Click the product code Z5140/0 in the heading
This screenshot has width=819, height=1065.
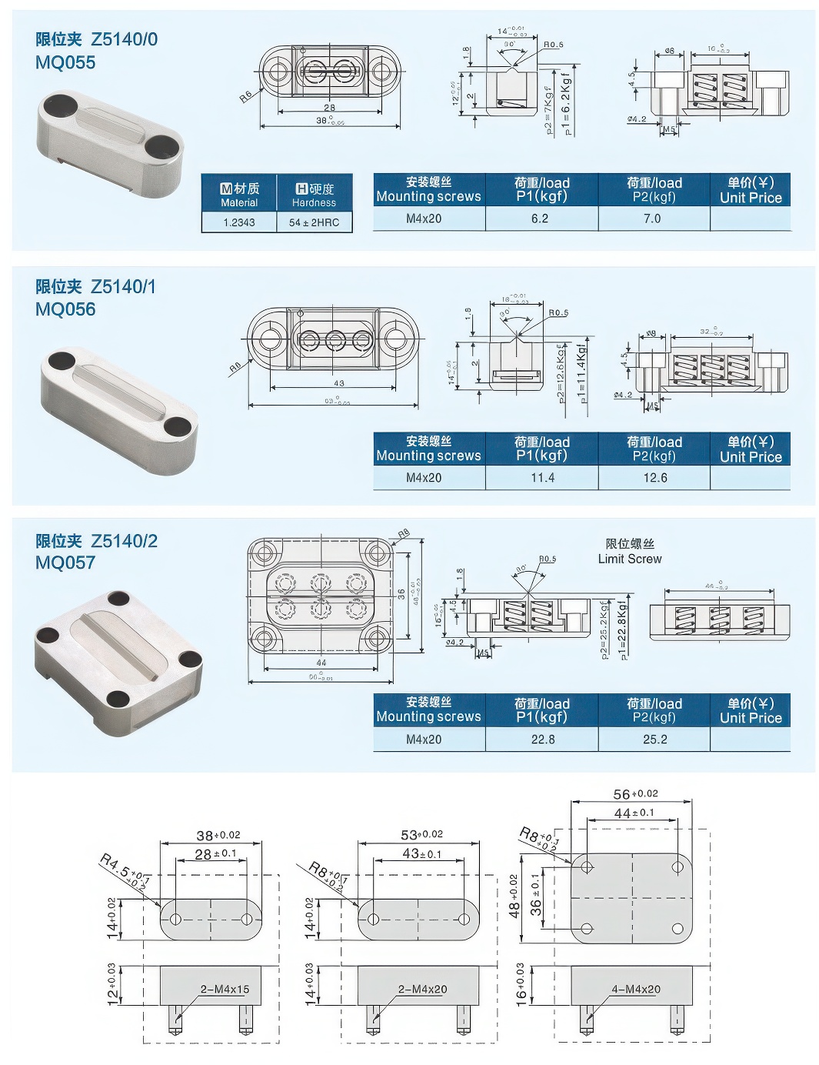pos(124,39)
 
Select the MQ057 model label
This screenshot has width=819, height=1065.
pos(65,563)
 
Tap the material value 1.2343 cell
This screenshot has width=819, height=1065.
pos(238,222)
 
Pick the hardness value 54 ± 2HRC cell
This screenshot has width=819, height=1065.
pos(314,222)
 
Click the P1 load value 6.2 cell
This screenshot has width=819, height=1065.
pos(540,219)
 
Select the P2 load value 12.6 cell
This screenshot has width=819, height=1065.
pos(654,478)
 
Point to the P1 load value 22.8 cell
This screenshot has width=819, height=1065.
pos(542,739)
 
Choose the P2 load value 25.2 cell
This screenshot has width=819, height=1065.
pos(654,739)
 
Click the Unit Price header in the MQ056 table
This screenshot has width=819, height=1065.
pos(750,449)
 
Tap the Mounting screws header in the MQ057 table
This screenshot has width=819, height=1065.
pos(428,709)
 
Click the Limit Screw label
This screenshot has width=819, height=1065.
pos(630,552)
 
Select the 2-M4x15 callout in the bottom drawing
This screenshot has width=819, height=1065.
pos(225,989)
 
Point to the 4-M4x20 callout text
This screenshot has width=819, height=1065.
pos(635,989)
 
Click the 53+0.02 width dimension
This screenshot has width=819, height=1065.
pos(421,835)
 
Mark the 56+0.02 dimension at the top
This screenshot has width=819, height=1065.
pos(635,794)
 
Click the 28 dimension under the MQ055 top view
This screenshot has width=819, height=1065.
pos(329,108)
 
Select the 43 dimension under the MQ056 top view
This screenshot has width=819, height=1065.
pos(339,382)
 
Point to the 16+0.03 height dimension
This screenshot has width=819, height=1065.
pos(521,982)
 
